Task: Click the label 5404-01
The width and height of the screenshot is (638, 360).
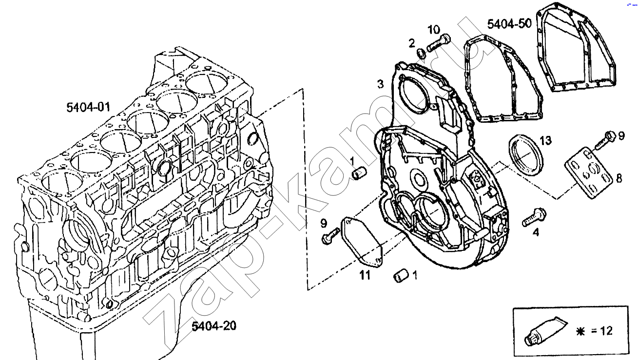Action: click(89, 107)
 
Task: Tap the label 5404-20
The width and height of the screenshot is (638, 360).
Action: click(213, 326)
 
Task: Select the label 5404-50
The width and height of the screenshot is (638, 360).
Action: click(509, 24)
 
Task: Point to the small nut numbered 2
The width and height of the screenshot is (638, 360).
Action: click(422, 54)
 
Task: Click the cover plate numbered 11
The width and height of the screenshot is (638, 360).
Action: click(361, 242)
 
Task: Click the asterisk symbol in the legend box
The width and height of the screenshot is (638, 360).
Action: click(580, 331)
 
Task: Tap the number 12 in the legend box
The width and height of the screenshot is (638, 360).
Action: click(605, 331)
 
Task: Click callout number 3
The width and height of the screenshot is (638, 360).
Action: click(380, 84)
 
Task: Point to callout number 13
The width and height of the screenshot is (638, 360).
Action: click(545, 141)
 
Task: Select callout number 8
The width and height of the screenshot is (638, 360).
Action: click(619, 178)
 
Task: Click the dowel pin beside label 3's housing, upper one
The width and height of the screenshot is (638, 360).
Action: click(360, 172)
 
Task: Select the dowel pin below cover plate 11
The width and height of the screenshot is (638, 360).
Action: click(401, 277)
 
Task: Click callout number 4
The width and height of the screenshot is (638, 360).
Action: click(536, 233)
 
